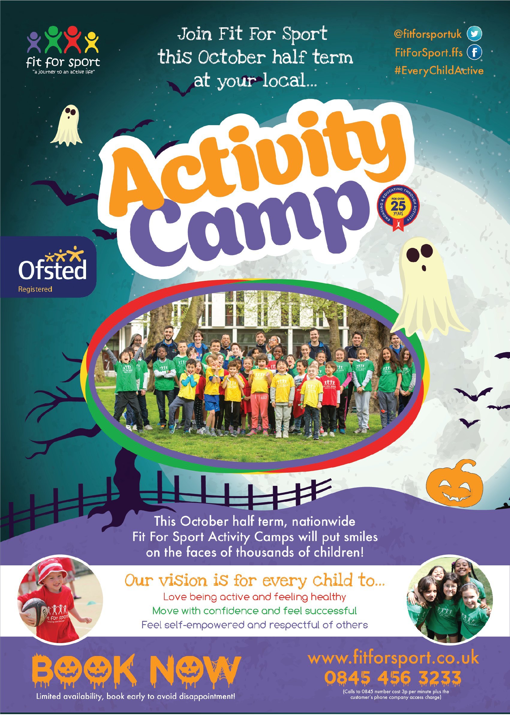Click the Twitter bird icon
[474, 34]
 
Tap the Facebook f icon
[474, 52]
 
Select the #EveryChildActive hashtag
[439, 71]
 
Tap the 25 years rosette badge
[398, 208]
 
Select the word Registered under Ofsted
[35, 289]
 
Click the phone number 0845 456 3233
[392, 678]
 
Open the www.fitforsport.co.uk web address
[393, 658]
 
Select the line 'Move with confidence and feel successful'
[254, 611]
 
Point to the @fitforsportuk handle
[428, 34]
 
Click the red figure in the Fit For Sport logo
[73, 39]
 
